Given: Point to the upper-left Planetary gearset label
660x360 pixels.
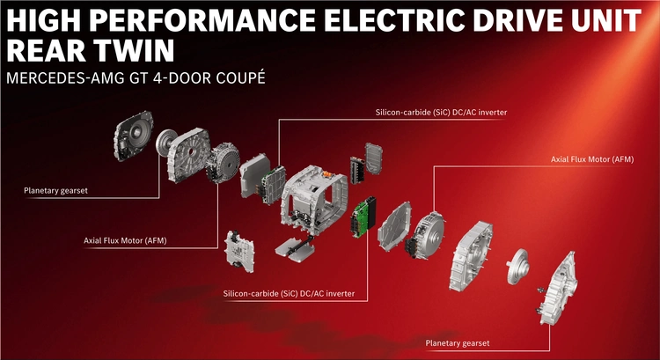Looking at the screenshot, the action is (x=55, y=191).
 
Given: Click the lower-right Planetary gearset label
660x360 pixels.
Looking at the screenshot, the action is (x=457, y=343).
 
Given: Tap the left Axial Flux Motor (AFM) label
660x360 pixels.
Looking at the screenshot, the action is (x=125, y=241).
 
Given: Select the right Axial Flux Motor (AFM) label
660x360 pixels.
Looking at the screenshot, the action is (x=592, y=159).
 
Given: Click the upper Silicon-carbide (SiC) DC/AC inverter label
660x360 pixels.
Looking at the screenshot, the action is (x=441, y=113).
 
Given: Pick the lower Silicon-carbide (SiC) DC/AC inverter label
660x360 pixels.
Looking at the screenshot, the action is (x=289, y=293).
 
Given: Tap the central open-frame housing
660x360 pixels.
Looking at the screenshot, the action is (x=313, y=199).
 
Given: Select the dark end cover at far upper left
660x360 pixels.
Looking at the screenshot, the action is (x=133, y=136).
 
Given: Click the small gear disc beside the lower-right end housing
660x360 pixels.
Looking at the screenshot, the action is (x=517, y=266).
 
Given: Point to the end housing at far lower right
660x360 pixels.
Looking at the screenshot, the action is (x=558, y=289).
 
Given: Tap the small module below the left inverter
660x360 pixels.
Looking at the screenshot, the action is (x=239, y=252).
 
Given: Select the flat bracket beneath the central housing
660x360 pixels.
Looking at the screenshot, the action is (x=295, y=249).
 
